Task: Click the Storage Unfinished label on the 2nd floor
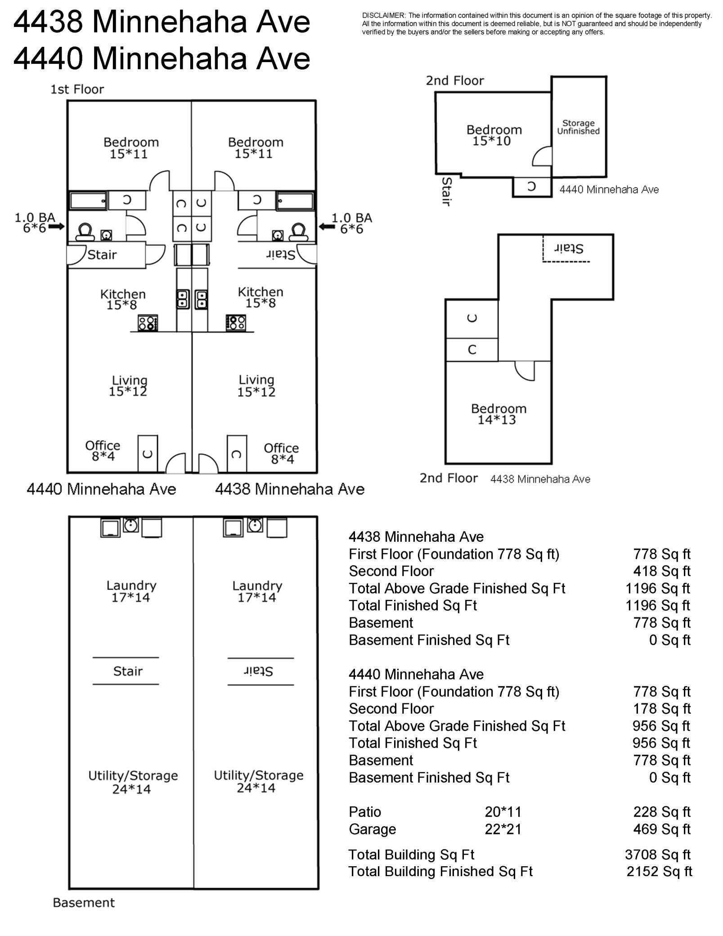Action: [578, 127]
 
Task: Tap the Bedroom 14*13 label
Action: [498, 414]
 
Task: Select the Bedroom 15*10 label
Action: [494, 135]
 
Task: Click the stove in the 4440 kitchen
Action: [148, 323]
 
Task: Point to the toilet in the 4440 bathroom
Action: [85, 232]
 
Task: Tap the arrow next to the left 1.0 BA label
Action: [56, 227]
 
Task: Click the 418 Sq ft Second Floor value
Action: [661, 571]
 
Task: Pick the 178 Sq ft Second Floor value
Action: [661, 709]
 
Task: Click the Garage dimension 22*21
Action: [503, 829]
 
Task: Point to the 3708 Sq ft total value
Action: [657, 855]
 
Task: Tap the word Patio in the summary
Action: [365, 812]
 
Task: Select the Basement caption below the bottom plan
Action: [84, 903]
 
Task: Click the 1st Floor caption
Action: [77, 89]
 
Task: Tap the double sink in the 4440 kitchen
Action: [183, 299]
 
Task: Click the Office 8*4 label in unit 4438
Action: [281, 453]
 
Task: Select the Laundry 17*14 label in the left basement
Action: [131, 591]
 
